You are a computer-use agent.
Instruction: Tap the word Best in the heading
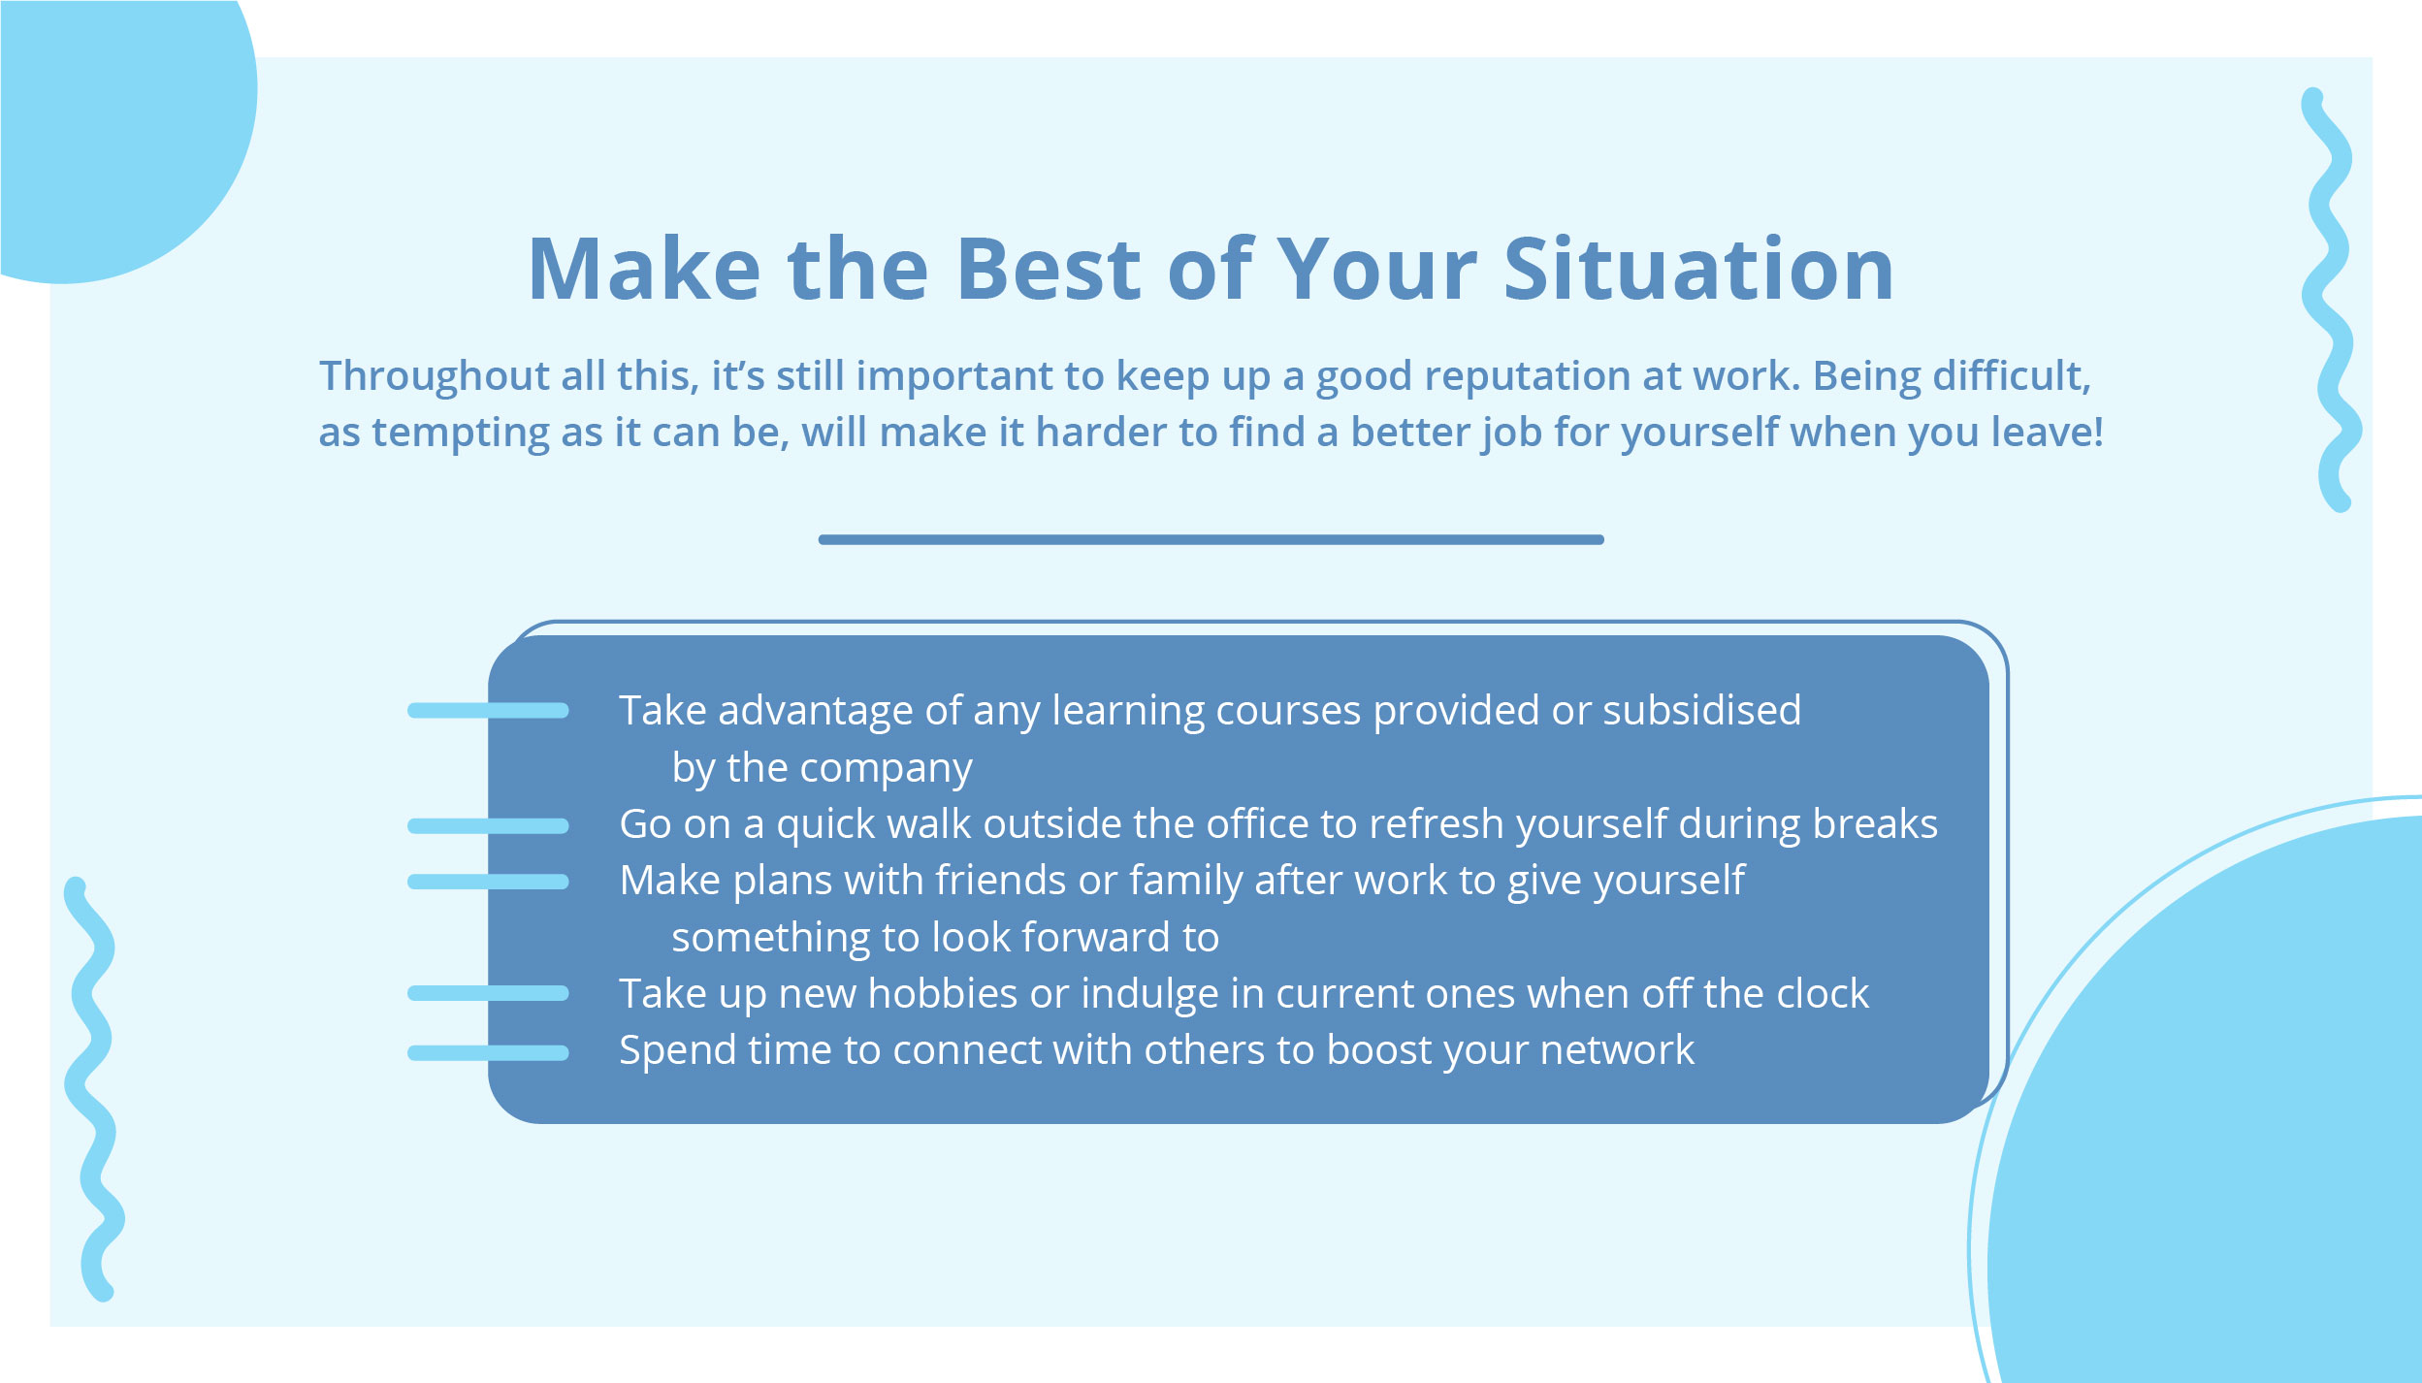point(1049,270)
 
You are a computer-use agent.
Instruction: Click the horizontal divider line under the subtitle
point(1211,539)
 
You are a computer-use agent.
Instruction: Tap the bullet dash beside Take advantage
point(488,711)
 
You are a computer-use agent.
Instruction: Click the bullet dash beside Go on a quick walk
point(488,826)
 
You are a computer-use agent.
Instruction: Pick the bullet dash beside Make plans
point(488,882)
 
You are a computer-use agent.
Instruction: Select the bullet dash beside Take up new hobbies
point(488,993)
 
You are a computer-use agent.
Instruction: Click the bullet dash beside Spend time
point(488,1053)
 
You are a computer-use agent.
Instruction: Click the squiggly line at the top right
point(2333,301)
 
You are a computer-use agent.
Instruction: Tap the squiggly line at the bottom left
point(93,1086)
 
